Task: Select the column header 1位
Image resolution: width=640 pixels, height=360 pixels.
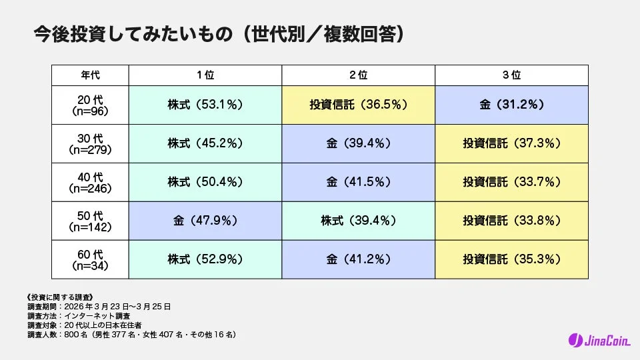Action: tap(205, 75)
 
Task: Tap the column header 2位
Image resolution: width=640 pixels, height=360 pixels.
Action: tap(359, 75)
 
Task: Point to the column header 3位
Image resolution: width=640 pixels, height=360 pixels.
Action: tap(512, 75)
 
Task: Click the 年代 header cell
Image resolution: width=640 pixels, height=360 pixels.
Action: tap(90, 75)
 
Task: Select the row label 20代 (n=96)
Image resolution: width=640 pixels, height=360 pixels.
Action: tap(90, 105)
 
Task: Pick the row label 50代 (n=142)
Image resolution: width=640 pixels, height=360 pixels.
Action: tap(90, 221)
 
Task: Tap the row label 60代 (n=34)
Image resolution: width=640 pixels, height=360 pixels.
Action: tap(90, 259)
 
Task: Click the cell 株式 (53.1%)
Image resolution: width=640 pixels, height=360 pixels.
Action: tap(205, 105)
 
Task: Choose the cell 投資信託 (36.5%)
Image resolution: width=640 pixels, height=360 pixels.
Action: tap(359, 105)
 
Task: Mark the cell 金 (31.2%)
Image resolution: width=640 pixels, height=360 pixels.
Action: tap(512, 105)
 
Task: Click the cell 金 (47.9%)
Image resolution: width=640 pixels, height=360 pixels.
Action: tap(205, 221)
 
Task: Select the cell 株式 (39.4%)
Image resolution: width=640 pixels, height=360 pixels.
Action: tap(359, 221)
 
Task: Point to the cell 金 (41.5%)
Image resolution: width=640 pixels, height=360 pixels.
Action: tap(359, 182)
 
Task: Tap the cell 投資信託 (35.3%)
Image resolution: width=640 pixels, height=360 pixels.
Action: tap(512, 259)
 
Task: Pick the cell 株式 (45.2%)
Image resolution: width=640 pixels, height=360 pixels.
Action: tap(205, 143)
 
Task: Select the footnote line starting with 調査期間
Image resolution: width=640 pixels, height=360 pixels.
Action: tap(99, 307)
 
